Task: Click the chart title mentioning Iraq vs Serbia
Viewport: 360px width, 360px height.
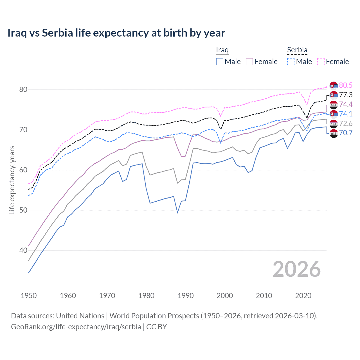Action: [116, 33]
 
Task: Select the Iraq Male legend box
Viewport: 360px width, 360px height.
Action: [220, 62]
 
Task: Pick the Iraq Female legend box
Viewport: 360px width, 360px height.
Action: [249, 62]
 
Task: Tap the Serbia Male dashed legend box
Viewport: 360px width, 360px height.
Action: [291, 62]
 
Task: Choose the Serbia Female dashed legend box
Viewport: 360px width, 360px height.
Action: [321, 62]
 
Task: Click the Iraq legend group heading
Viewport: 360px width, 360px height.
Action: [222, 50]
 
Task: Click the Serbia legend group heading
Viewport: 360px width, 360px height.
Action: [297, 50]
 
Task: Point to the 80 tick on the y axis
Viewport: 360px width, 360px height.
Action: [23, 89]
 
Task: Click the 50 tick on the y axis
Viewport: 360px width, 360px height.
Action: [23, 210]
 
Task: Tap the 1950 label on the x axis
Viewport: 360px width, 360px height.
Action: [29, 296]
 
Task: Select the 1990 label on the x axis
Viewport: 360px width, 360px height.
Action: [186, 296]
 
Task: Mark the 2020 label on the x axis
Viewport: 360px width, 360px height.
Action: [303, 296]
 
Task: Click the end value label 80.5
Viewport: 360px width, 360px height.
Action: [346, 85]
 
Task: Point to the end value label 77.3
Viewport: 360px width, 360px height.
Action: [346, 95]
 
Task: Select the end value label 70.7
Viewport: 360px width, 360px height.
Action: [346, 133]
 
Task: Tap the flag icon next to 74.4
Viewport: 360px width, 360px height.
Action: [334, 105]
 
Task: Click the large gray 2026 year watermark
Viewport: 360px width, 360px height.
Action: [297, 269]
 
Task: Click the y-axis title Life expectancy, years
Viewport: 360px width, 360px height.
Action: [12, 180]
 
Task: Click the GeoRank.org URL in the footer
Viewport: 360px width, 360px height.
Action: [76, 327]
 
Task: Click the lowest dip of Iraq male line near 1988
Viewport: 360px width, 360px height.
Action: [177, 212]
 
